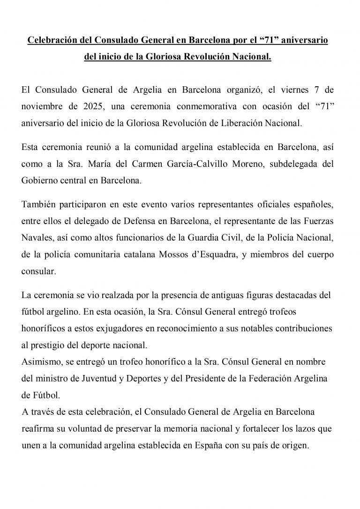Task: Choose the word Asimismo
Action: click(x=39, y=362)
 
